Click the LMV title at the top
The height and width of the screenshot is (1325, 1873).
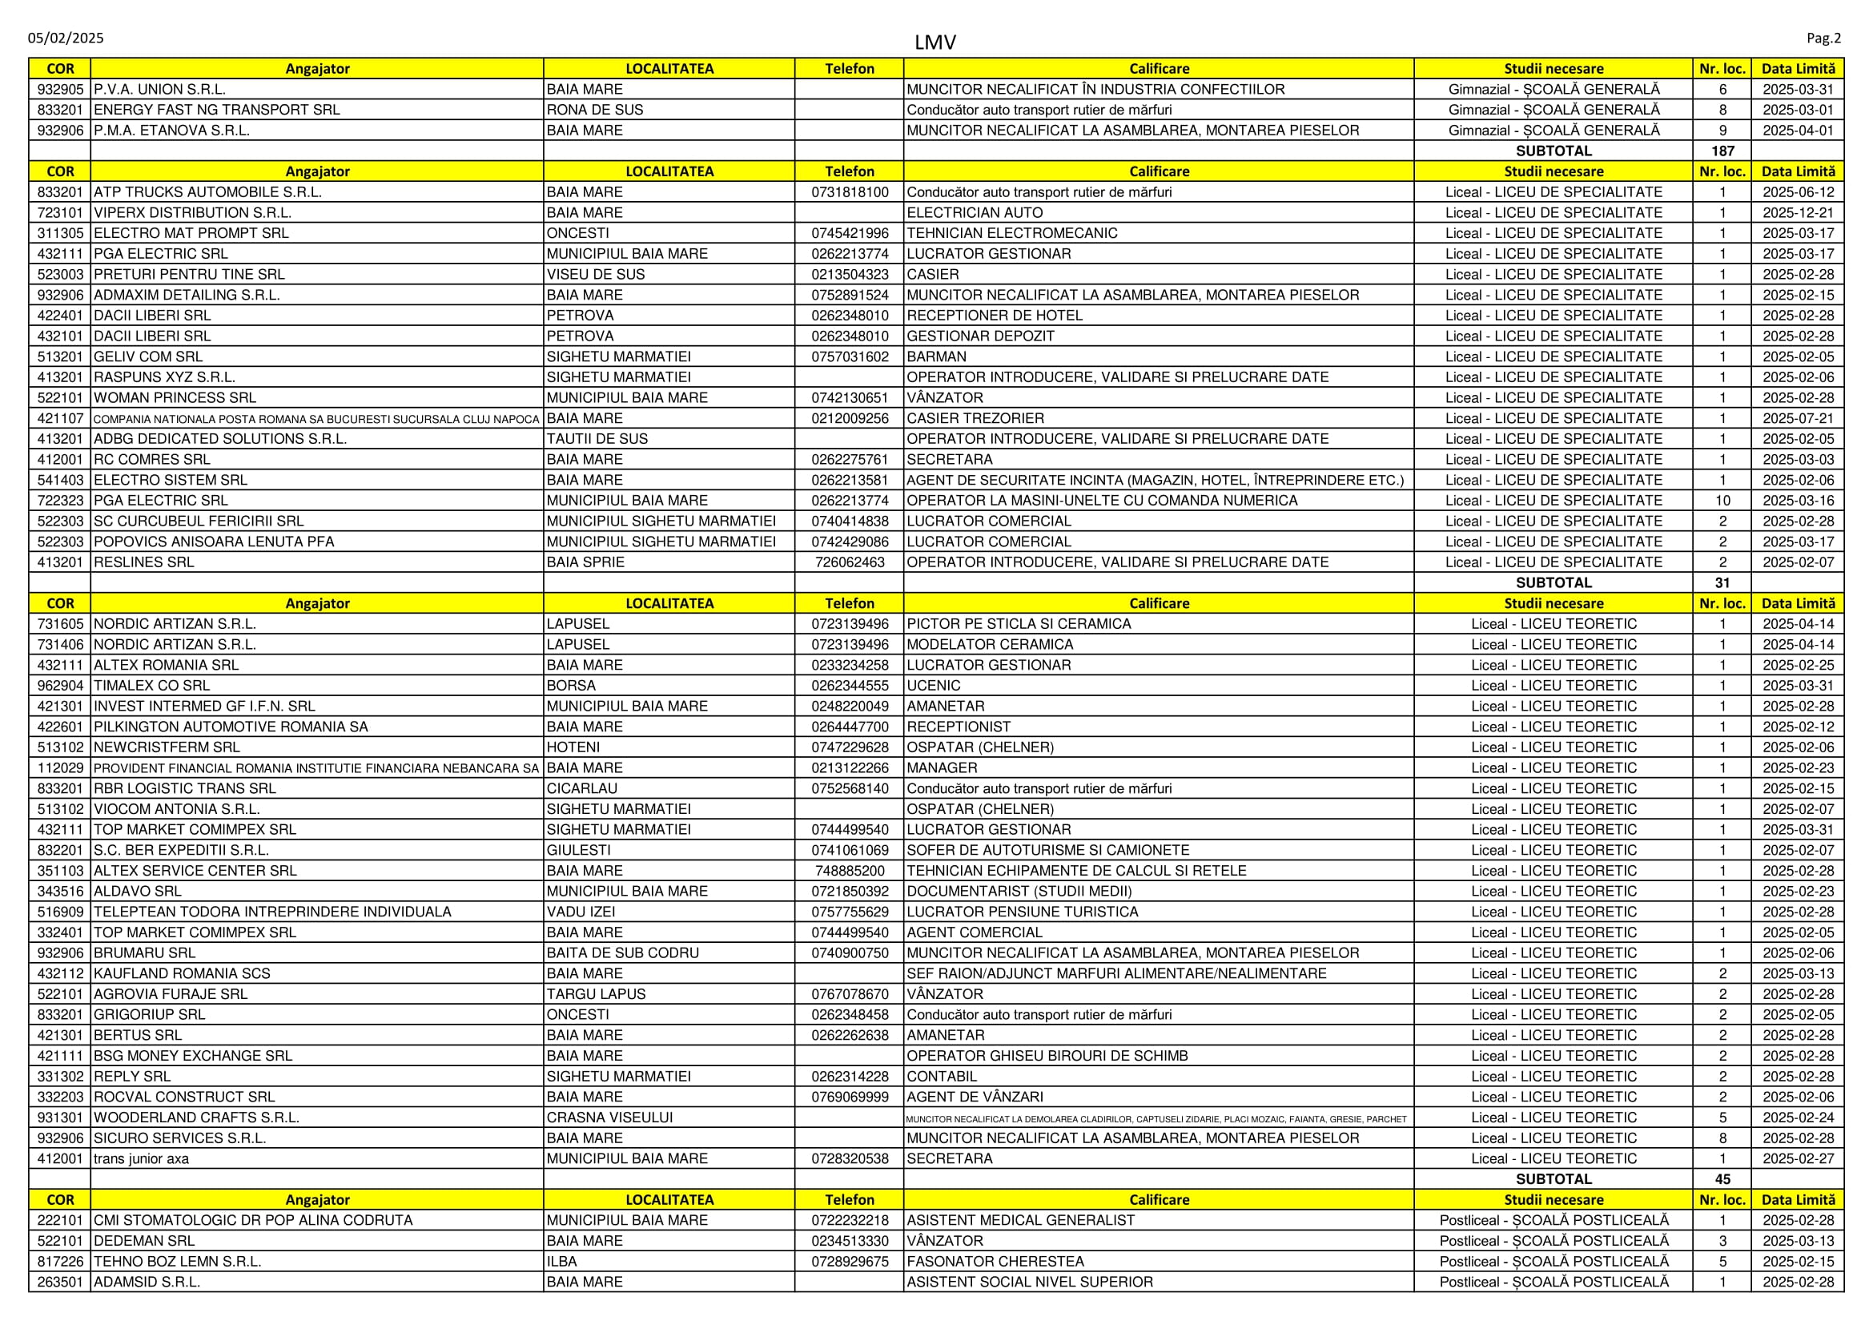tap(934, 42)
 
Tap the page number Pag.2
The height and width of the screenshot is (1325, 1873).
tap(1823, 38)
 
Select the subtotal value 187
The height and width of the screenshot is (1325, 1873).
tap(1722, 151)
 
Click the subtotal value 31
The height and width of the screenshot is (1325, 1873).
tap(1722, 582)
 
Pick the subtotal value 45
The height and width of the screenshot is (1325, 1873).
tap(1722, 1179)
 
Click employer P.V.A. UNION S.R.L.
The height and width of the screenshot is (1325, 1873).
tap(160, 90)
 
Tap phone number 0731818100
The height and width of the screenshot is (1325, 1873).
tap(849, 192)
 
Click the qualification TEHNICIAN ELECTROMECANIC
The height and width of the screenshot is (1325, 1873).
tap(1011, 233)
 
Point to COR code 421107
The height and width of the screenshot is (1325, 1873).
tap(60, 418)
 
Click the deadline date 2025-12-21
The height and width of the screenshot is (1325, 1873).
tap(1798, 213)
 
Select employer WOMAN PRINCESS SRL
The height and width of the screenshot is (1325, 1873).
tap(175, 398)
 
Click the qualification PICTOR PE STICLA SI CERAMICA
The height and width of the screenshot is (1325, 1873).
tap(1019, 624)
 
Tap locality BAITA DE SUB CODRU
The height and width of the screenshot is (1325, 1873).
tap(622, 953)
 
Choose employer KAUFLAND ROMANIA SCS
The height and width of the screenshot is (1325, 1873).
tap(182, 973)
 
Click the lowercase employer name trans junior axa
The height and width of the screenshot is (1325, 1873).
tap(141, 1158)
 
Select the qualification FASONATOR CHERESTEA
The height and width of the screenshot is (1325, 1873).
tap(995, 1262)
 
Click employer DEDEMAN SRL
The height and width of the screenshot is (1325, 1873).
tap(144, 1241)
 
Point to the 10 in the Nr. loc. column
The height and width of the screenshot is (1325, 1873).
tap(1722, 501)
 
